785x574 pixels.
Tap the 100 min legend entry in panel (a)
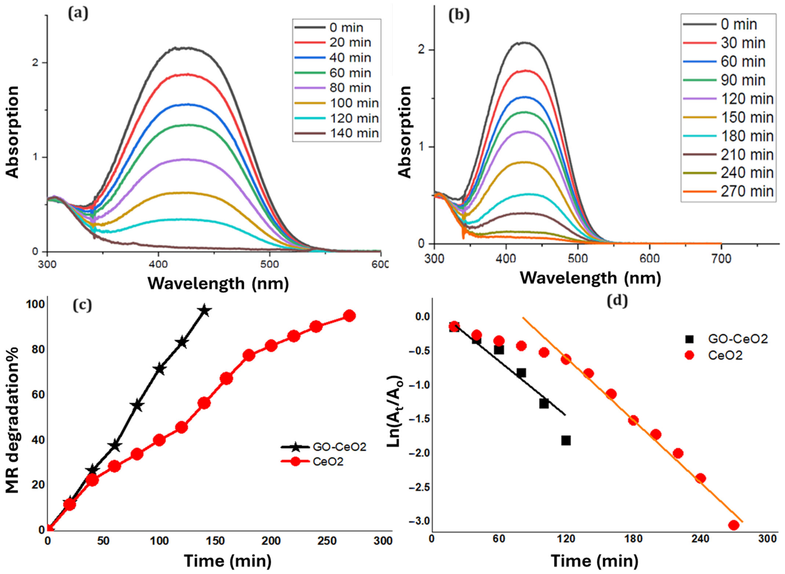pos(336,103)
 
